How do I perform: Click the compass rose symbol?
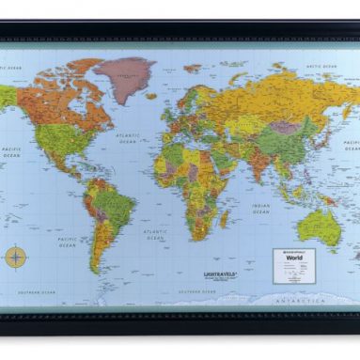pos(16,255)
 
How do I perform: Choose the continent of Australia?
pos(320,227)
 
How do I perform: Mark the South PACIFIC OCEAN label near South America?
pos(67,242)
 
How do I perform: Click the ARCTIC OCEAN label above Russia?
pos(321,67)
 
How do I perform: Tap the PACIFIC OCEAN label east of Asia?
pos(350,147)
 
